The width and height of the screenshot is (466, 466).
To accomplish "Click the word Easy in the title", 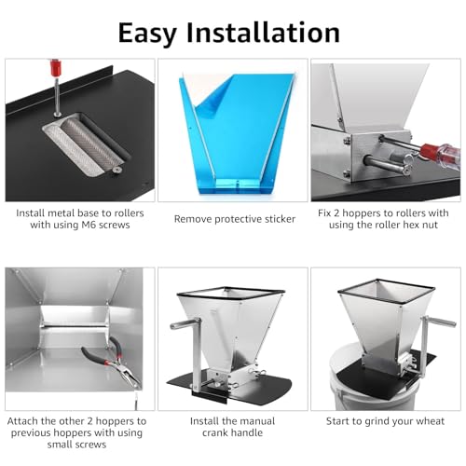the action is point(147,34).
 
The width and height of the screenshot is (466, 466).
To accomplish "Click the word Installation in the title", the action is point(263,33).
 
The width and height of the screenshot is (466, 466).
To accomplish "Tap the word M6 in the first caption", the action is point(89,225).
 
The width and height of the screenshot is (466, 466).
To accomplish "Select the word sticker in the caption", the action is point(279,219).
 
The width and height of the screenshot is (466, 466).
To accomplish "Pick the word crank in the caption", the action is point(215,432).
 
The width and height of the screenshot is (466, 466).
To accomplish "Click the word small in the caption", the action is point(60,445).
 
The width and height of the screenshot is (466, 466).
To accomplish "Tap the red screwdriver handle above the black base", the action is point(56,68).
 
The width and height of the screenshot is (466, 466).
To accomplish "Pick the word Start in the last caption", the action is point(337,421).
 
